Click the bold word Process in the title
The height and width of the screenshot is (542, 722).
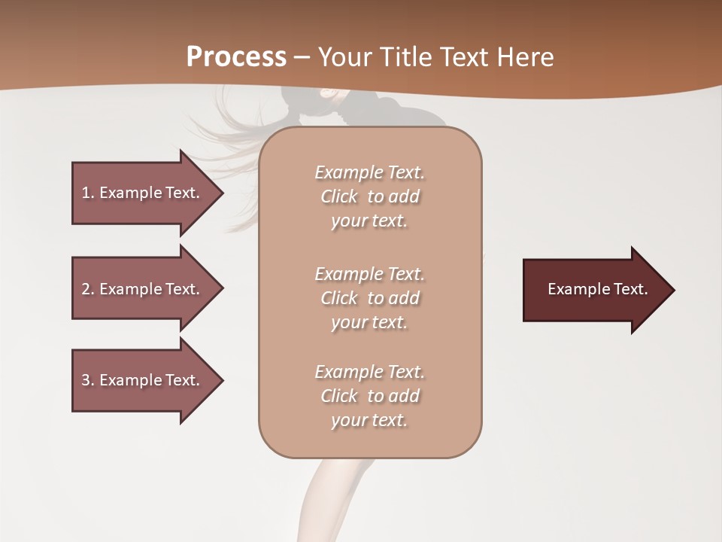tap(236, 57)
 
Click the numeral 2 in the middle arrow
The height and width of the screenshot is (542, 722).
tap(86, 289)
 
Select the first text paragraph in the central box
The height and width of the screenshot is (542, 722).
tap(369, 196)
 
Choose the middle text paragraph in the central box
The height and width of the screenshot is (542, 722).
tap(369, 298)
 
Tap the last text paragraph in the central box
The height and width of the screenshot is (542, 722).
tap(369, 396)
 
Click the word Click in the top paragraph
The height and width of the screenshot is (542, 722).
tap(339, 196)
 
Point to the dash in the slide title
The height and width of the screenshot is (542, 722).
tap(302, 58)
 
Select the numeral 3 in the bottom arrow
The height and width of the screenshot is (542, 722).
tap(86, 380)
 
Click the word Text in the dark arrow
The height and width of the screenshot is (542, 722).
tap(630, 289)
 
